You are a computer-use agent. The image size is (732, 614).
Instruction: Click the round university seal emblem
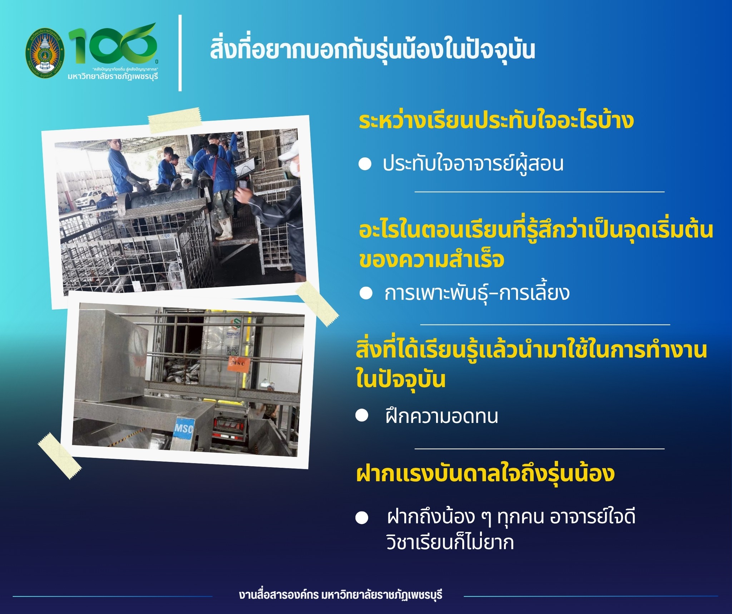pyautogui.click(x=45, y=53)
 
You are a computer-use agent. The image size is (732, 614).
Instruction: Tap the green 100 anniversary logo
pyautogui.click(x=112, y=45)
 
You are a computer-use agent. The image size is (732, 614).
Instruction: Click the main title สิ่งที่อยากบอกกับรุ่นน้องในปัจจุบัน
pyautogui.click(x=372, y=50)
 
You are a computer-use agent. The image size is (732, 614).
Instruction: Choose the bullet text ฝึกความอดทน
pyautogui.click(x=442, y=416)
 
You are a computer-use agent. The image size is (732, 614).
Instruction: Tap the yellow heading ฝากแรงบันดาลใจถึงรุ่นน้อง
pyautogui.click(x=486, y=473)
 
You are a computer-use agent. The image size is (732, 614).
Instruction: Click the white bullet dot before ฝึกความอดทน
pyautogui.click(x=362, y=416)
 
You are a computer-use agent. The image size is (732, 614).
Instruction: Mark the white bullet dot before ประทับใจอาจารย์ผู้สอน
pyautogui.click(x=365, y=164)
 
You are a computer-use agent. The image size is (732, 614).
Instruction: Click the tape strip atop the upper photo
pyautogui.click(x=175, y=121)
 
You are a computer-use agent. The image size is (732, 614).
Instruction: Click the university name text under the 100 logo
pyautogui.click(x=113, y=76)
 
